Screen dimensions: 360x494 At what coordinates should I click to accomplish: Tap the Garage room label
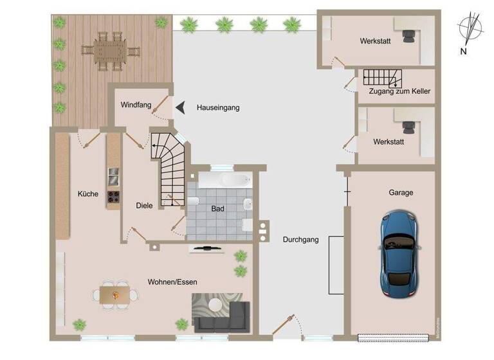point(401,192)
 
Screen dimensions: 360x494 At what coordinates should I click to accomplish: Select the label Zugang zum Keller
point(399,92)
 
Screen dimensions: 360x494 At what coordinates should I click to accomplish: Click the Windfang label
point(135,104)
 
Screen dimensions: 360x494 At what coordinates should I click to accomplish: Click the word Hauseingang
point(218,108)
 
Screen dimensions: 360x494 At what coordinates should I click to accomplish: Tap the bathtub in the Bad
point(223,179)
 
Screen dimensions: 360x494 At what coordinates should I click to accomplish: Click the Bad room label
point(218,208)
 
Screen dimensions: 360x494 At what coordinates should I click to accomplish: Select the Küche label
point(87,194)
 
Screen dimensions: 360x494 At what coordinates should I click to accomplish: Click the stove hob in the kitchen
point(114,197)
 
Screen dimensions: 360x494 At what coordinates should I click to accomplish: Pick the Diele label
point(144,206)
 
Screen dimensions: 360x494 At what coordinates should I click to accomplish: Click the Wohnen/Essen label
point(172,282)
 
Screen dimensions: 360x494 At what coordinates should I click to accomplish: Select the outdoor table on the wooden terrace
point(110,51)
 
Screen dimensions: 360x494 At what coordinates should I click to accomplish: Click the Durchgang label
point(300,240)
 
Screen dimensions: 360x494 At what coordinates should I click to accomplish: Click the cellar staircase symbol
point(381,78)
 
